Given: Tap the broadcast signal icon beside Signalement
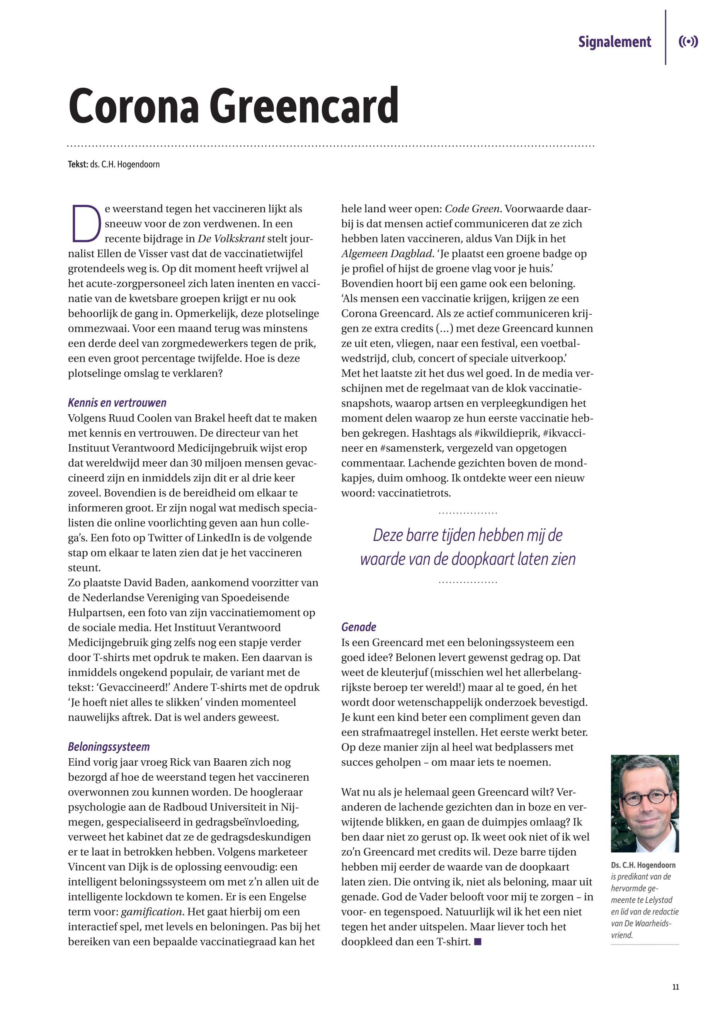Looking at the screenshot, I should click(688, 42).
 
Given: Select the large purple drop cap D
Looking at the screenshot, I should click(85, 223).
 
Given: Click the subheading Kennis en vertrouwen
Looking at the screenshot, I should click(117, 403).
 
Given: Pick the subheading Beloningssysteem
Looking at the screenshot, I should click(109, 747).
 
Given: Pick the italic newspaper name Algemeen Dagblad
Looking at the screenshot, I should click(386, 254).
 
